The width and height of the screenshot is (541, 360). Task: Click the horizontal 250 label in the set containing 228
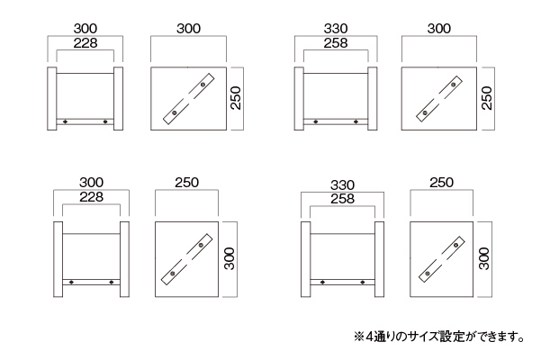point(186,183)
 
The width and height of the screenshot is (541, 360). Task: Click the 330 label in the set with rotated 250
point(334,29)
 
